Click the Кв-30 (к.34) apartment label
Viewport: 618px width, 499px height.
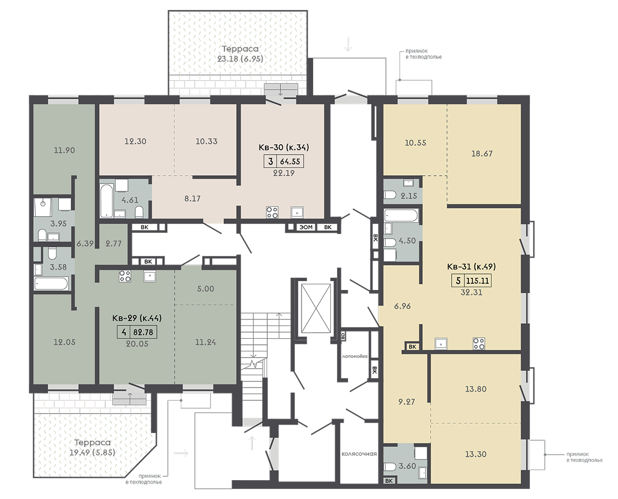pos(283,147)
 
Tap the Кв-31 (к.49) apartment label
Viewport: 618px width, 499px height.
pos(471,267)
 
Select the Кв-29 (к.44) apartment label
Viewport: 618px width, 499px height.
pos(137,318)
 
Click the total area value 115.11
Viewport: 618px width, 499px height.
pos(478,281)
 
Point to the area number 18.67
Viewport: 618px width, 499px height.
pos(482,154)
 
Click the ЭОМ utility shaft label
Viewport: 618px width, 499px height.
pos(306,227)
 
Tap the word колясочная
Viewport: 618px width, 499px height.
pos(359,454)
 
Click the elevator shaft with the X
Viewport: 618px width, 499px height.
pos(316,308)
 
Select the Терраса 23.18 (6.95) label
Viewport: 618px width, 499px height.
pos(240,54)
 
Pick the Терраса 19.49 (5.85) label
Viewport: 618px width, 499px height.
pos(92,447)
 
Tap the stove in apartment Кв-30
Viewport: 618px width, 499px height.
pos(272,212)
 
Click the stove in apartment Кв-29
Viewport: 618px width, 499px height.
pos(125,276)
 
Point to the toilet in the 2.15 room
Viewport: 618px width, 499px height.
pos(390,195)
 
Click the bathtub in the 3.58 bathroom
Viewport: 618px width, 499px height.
pos(51,283)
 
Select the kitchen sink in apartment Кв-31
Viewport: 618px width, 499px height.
pos(441,344)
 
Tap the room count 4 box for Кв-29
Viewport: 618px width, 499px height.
pos(124,332)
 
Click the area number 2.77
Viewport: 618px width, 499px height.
pos(114,243)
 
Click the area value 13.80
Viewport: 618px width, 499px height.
pos(476,389)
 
